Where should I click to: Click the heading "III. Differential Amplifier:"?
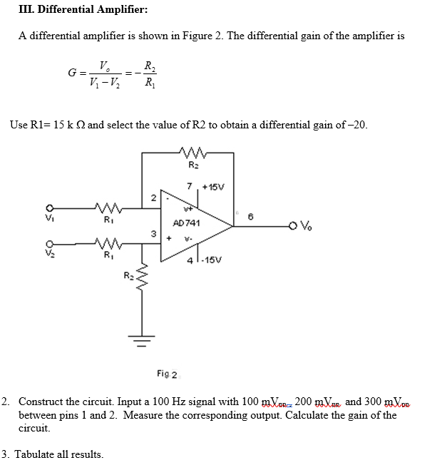coord(68,10)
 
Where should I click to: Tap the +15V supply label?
coord(214,188)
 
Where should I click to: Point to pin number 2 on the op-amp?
coord(152,197)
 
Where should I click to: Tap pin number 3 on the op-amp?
coord(152,233)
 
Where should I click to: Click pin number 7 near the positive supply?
coord(190,187)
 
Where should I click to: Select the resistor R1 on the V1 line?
coord(109,208)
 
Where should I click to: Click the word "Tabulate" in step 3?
coord(37,454)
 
